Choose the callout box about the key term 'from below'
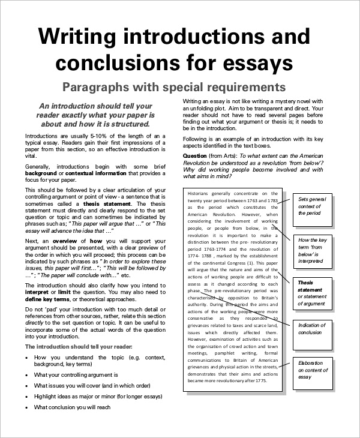coord(313,250)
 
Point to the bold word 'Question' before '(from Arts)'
coord(194,155)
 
